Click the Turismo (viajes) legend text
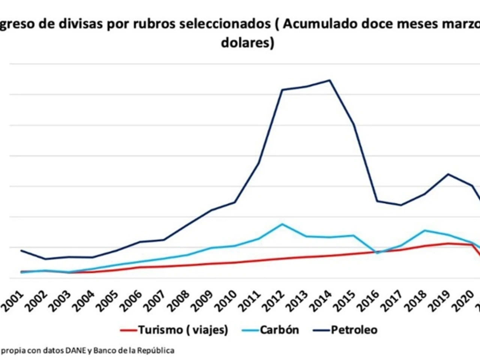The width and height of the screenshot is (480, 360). [183, 330]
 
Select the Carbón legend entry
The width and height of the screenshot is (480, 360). [279, 330]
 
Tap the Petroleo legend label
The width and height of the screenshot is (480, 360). [354, 330]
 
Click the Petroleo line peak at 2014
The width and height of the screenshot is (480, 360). [329, 80]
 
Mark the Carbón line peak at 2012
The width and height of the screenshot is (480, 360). [282, 224]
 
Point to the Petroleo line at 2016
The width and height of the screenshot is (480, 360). [377, 201]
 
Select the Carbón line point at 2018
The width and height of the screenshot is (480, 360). [424, 230]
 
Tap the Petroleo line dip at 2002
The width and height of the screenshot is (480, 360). [45, 259]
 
